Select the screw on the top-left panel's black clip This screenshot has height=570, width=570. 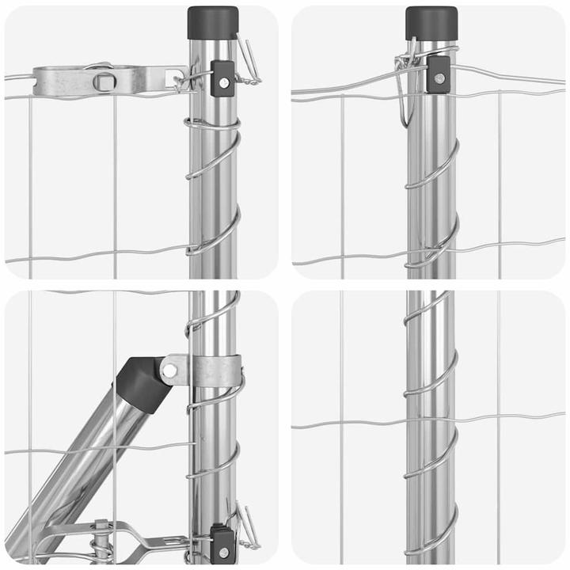[225, 80]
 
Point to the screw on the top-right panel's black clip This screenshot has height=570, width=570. [438, 78]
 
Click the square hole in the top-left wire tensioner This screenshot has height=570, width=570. [104, 80]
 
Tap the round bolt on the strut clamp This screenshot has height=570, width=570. [169, 370]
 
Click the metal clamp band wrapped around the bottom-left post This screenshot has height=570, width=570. [214, 371]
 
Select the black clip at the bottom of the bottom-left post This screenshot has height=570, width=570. [222, 541]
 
